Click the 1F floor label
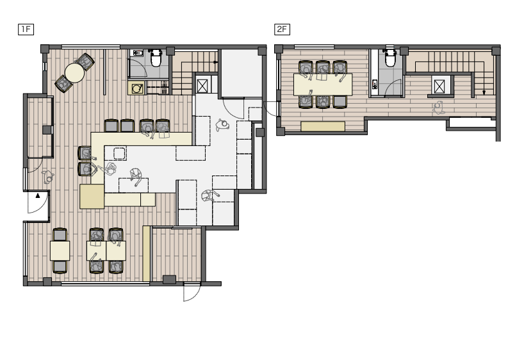tap(26, 29)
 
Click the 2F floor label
tap(282, 29)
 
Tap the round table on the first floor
tap(74, 73)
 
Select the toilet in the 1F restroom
tap(156, 58)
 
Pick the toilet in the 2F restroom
tap(390, 58)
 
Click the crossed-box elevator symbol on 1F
tap(202, 86)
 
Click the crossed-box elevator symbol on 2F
tap(439, 86)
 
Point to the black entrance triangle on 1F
tap(38, 195)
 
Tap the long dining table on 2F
tap(323, 85)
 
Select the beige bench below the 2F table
tap(323, 126)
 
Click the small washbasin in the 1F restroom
tap(137, 53)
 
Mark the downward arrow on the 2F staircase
tap(484, 92)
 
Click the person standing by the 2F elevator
tap(438, 108)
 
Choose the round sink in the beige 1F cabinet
tap(137, 88)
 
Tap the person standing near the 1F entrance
tap(48, 177)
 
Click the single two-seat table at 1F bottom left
tap(60, 250)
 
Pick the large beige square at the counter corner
tap(92, 197)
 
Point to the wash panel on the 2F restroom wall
tap(375, 85)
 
